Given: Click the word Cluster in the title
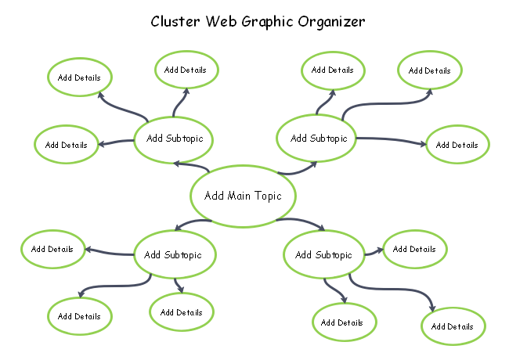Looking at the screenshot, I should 175,21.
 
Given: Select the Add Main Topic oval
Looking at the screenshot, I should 244,196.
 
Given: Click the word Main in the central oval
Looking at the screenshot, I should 244,196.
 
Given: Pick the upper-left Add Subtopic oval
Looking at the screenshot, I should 174,139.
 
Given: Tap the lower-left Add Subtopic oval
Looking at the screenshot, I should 174,254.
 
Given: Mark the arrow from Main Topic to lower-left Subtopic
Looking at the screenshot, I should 191,224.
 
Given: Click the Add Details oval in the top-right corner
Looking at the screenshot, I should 430,70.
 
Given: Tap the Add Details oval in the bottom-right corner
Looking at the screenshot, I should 453,326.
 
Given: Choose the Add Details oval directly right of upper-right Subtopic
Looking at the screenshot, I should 457,145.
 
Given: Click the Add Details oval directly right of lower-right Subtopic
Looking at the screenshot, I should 414,250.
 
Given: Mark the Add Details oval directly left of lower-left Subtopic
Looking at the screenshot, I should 52,250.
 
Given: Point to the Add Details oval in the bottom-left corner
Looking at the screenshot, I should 79,316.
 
